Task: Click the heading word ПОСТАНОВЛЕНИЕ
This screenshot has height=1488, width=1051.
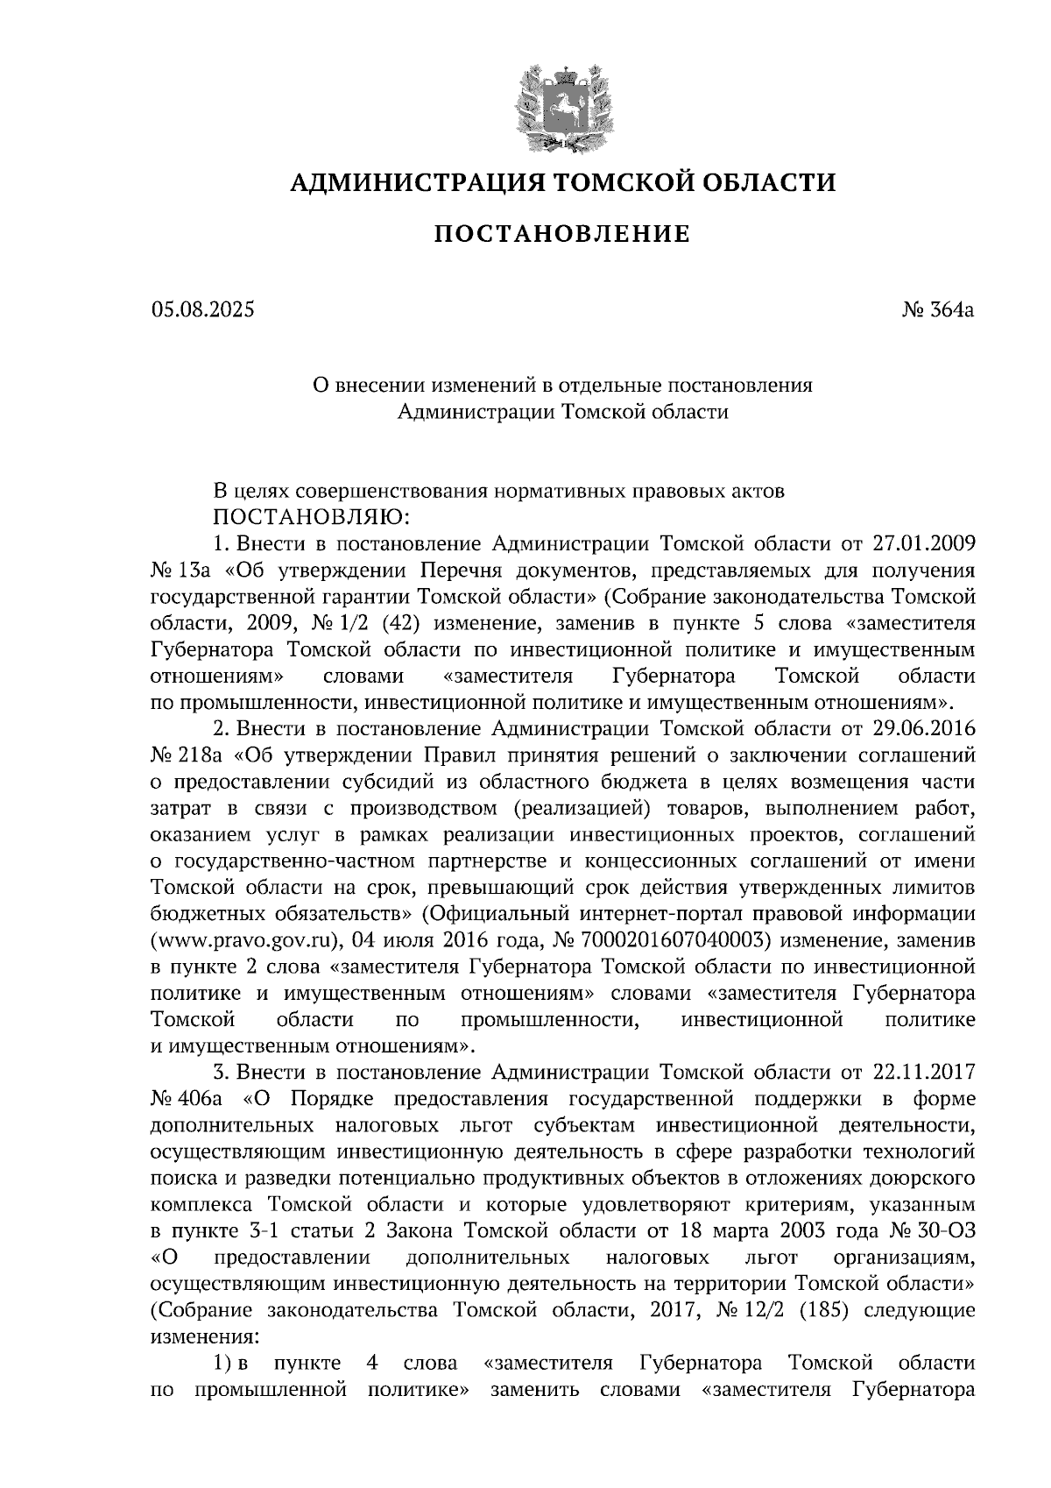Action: pyautogui.click(x=562, y=234)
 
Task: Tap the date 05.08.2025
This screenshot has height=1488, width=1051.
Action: pyautogui.click(x=202, y=308)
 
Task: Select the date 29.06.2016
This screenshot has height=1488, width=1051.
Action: pyautogui.click(x=925, y=728)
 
